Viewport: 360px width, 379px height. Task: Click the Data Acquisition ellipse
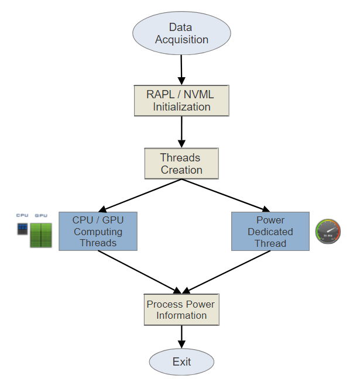(x=181, y=33)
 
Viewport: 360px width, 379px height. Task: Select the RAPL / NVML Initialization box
(x=181, y=101)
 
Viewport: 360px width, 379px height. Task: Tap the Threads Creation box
(x=181, y=164)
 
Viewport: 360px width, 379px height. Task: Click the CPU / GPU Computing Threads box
(x=98, y=231)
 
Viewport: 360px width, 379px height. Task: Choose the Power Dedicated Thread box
(x=270, y=231)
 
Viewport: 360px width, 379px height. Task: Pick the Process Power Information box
(x=181, y=309)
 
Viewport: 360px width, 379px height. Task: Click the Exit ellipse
(x=181, y=362)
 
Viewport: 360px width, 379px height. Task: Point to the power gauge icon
(x=328, y=232)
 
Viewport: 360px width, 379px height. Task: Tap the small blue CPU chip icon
(x=22, y=228)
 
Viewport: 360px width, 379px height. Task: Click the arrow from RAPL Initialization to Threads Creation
(x=181, y=132)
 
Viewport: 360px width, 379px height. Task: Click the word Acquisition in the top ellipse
(x=181, y=40)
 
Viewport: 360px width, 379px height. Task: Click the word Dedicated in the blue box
(x=270, y=232)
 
